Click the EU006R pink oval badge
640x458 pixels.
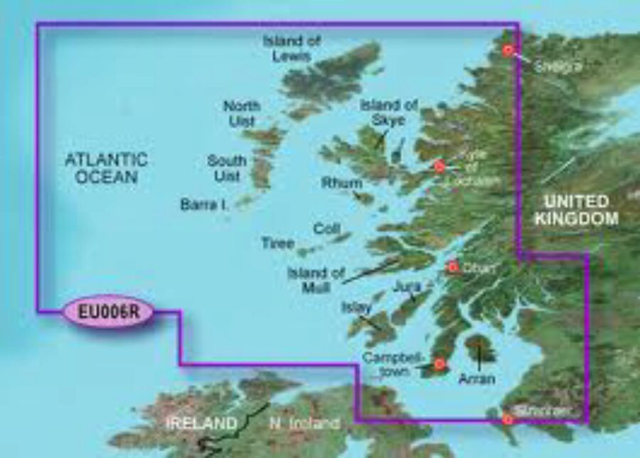(108, 311)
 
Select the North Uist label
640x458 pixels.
(242, 114)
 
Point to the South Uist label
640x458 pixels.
(227, 168)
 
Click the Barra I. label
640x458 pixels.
(203, 205)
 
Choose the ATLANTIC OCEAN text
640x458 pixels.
(107, 168)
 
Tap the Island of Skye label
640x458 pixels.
(388, 113)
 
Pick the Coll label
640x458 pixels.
(326, 229)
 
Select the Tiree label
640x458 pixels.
(277, 244)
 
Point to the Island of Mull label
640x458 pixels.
(316, 279)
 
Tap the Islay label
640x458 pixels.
(357, 308)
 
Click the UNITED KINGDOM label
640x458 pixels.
(577, 210)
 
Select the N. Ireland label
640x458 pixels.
(304, 424)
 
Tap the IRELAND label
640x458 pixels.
(201, 424)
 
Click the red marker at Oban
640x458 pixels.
(452, 268)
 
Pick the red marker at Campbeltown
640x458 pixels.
(439, 365)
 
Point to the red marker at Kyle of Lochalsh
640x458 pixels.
(439, 166)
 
